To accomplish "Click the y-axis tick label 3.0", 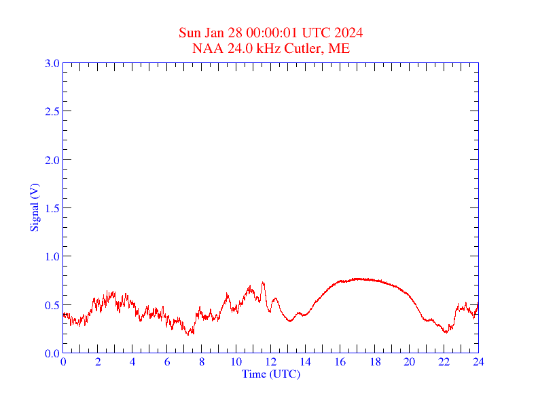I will pyautogui.click(x=52, y=63).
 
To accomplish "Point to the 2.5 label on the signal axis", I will pyautogui.click(x=52, y=111).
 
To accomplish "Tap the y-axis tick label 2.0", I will pyautogui.click(x=52, y=160).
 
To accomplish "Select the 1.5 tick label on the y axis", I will pyautogui.click(x=52, y=208).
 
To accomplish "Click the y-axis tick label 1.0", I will pyautogui.click(x=52, y=256).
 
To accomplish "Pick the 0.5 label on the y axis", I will pyautogui.click(x=52, y=305).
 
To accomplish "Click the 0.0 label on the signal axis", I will pyautogui.click(x=52, y=353).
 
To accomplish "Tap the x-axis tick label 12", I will pyautogui.click(x=271, y=361).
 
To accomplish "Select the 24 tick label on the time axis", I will pyautogui.click(x=478, y=361).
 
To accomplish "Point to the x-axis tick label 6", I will pyautogui.click(x=167, y=361).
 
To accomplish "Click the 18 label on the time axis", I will pyautogui.click(x=375, y=361).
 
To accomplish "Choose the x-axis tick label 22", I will pyautogui.click(x=444, y=361).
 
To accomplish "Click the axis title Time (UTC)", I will pyautogui.click(x=271, y=374).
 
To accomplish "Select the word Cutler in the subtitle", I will pyautogui.click(x=304, y=48).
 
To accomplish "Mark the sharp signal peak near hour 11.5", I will pyautogui.click(x=263, y=282).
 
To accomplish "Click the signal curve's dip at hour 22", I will pyautogui.click(x=445, y=332).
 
